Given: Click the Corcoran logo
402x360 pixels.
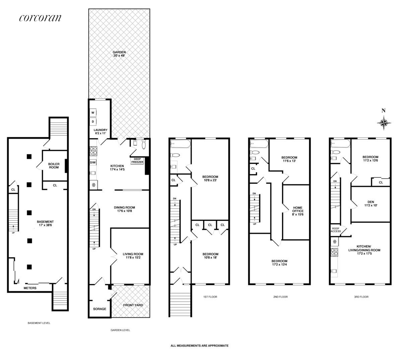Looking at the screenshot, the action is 40,18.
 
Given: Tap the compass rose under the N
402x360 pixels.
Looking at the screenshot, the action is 384,122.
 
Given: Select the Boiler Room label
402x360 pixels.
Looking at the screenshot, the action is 54,165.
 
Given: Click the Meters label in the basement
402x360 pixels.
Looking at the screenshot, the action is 30,288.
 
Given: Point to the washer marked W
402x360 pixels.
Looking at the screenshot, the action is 93,113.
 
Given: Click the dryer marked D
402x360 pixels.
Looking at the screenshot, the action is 93,121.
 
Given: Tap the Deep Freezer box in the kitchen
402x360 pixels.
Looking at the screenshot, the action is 137,161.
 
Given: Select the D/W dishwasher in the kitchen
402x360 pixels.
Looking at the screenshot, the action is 93,163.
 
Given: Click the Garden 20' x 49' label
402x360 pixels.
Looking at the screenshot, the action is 119,54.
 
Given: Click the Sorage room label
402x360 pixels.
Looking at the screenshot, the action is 99,309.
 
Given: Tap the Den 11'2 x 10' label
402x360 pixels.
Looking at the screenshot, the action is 371,203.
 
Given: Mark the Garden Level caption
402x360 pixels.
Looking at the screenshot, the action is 120,330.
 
